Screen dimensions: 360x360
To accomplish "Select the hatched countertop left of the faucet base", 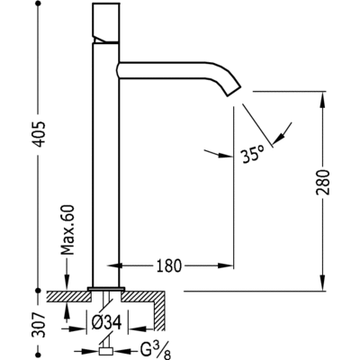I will coord(70,293).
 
